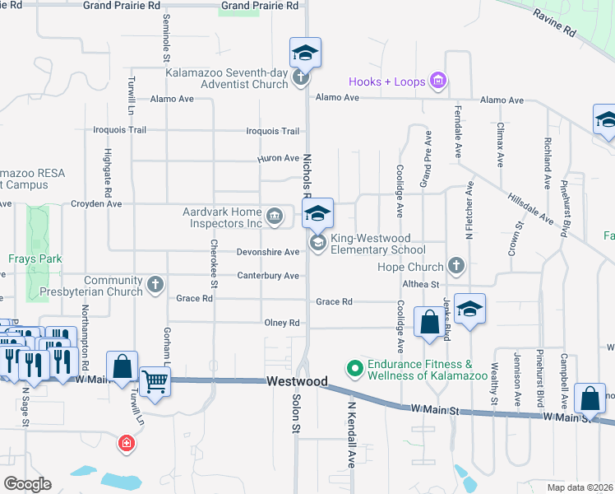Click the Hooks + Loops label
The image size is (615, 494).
(x=386, y=82)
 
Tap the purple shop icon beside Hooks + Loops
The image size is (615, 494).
(x=438, y=81)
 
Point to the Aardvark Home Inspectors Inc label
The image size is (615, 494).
(x=222, y=217)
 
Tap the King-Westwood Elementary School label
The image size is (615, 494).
(x=378, y=244)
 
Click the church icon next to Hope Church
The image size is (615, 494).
(x=457, y=267)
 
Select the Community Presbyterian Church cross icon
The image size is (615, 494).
(x=155, y=286)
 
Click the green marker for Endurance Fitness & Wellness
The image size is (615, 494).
(x=355, y=368)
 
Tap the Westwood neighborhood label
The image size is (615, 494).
(x=297, y=382)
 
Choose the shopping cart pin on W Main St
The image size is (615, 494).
(x=154, y=380)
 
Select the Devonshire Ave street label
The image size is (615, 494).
(x=268, y=251)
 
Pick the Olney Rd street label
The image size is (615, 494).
(x=282, y=324)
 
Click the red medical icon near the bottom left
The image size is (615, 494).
(x=126, y=445)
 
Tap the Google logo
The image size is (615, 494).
(x=27, y=484)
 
